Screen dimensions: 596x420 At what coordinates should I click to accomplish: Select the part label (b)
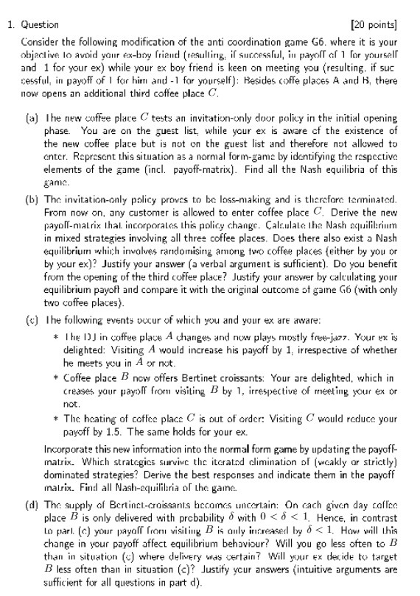(x=31, y=180)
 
